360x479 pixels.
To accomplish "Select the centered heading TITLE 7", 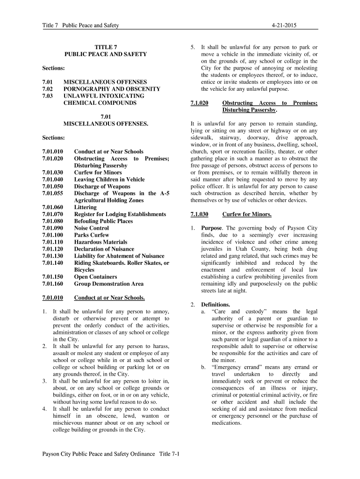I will pyautogui.click(x=106, y=47).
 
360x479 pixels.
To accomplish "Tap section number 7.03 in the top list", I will pyautogui.click(x=48, y=95).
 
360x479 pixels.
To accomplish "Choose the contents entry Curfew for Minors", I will pyautogui.click(x=99, y=172).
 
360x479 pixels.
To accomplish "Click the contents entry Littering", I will pyautogui.click(x=86, y=207).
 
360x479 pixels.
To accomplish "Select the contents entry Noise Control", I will pyautogui.click(x=92, y=228).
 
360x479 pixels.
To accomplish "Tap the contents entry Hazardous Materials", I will pyautogui.click(x=101, y=242).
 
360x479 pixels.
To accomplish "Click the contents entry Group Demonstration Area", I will pyautogui.click(x=109, y=283).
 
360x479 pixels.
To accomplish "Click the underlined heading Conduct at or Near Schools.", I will pyautogui.click(x=109, y=298).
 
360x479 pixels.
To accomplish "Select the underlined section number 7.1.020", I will pyautogui.click(x=200, y=103).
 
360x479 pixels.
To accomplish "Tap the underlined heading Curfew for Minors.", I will pyautogui.click(x=247, y=214).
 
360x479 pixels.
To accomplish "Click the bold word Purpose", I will pyautogui.click(x=212, y=228).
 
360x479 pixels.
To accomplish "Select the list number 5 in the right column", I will pyautogui.click(x=192, y=47).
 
